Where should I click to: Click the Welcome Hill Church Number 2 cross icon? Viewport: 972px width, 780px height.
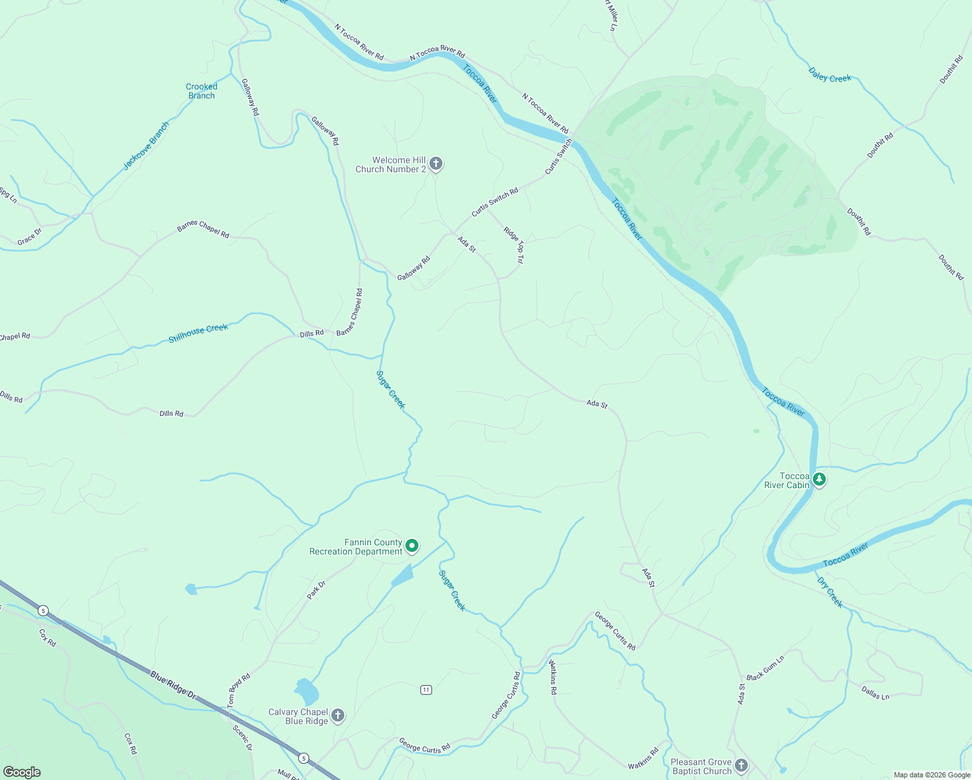point(436,164)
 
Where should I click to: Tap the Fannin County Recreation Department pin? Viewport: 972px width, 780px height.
point(412,546)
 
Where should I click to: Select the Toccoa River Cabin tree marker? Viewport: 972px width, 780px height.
point(819,480)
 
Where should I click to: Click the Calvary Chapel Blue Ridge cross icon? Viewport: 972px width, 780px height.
point(337,716)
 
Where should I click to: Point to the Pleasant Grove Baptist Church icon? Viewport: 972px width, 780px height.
point(741,766)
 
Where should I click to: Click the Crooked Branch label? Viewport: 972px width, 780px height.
point(201,91)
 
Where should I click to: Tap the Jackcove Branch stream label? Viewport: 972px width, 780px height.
point(146,146)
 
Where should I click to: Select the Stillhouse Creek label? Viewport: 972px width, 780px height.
point(198,333)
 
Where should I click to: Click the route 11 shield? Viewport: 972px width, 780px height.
point(426,690)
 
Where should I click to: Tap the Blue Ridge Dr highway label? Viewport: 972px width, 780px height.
point(173,685)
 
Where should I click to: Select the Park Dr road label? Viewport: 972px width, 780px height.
point(316,590)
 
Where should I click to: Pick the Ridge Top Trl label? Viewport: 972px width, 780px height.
point(513,244)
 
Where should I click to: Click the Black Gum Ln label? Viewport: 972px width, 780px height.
point(765,668)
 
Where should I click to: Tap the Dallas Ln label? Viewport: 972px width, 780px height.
point(875,692)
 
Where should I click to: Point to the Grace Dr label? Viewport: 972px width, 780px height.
point(29,237)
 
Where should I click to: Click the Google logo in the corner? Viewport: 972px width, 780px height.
point(22,772)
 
